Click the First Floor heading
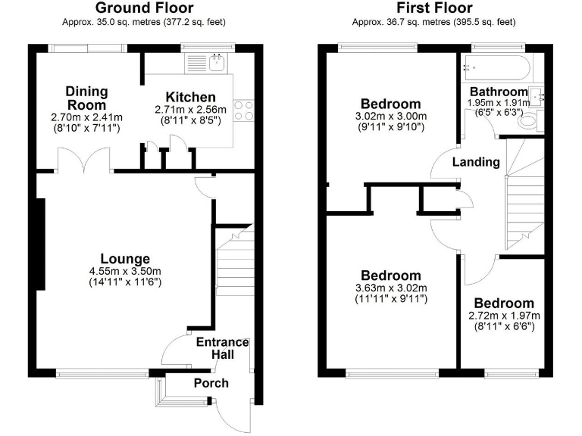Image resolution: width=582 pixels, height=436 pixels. (x=433, y=8)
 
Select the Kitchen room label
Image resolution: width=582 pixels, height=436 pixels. (x=190, y=97)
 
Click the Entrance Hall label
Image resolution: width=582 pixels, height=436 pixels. (x=222, y=348)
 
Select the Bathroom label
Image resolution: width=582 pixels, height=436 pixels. (x=497, y=92)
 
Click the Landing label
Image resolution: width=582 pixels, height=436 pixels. (x=476, y=162)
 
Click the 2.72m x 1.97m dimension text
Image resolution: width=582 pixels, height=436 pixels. (x=503, y=316)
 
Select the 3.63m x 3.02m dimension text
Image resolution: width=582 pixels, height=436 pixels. (x=390, y=288)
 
